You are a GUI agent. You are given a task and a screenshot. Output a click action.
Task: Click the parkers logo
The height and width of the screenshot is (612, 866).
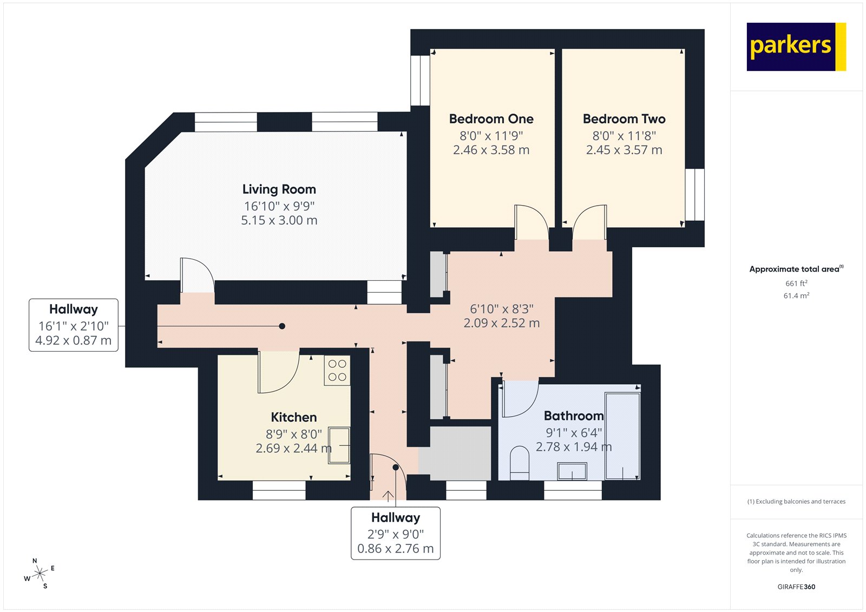[x=796, y=47]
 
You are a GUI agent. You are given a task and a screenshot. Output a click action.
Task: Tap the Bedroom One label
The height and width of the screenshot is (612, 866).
[x=491, y=119]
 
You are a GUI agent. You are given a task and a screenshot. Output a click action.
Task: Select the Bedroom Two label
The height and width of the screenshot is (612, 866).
[x=624, y=119]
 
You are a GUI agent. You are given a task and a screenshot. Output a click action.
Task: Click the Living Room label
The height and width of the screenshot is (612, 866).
[x=279, y=189]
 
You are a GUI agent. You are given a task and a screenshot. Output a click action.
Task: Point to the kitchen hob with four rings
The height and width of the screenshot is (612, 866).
[x=337, y=371]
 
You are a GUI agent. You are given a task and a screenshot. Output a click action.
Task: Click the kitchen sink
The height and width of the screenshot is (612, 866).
[x=339, y=445]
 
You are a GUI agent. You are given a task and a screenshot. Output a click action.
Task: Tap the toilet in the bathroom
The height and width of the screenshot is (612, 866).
[x=520, y=463]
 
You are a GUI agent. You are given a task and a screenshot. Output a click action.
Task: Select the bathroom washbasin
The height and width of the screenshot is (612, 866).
[x=572, y=471]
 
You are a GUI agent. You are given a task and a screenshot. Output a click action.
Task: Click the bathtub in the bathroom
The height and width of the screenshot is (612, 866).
[x=622, y=436]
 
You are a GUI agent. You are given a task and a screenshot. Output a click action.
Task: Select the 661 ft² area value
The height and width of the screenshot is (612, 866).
[x=796, y=284]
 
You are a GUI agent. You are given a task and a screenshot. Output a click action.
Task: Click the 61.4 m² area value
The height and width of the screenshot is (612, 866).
[x=796, y=296]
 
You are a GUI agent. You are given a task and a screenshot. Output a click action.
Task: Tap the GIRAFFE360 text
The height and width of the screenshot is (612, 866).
[x=796, y=587]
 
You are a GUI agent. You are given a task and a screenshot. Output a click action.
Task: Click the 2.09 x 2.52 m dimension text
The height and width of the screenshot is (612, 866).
[x=501, y=324]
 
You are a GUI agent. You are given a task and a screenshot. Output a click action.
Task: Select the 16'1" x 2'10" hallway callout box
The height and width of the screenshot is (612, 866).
[x=74, y=325]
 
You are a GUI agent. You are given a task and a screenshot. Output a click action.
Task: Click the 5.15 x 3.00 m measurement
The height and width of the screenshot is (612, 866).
[x=279, y=221]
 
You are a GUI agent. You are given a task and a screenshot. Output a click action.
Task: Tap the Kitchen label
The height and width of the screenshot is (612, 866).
[x=293, y=417]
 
